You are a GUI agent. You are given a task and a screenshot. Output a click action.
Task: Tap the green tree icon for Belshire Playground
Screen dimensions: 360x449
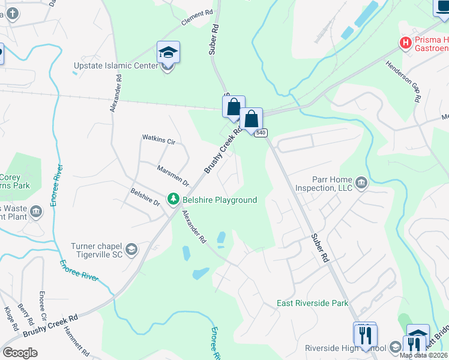[x=173, y=199]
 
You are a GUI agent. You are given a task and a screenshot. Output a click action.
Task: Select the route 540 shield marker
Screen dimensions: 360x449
[x=260, y=133]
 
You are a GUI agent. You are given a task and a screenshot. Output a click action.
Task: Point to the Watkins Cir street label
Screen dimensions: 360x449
[x=158, y=142]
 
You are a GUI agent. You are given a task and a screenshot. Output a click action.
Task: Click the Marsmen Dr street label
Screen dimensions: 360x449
[x=173, y=175]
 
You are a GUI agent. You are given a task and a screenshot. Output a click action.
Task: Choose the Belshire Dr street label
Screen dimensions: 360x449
[x=145, y=197]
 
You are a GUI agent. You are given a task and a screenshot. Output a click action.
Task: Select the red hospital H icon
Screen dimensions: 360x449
[x=406, y=43]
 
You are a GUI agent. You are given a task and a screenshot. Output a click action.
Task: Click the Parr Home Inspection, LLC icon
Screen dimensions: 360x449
[x=361, y=182]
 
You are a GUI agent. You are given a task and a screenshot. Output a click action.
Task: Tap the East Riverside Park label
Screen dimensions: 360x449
[x=312, y=303]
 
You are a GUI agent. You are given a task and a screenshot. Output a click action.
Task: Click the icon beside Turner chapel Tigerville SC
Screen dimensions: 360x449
[x=131, y=249]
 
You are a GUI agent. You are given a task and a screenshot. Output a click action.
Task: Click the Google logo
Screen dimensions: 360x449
[x=20, y=353]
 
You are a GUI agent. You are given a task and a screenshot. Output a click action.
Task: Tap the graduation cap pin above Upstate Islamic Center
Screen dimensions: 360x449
[x=168, y=53]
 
